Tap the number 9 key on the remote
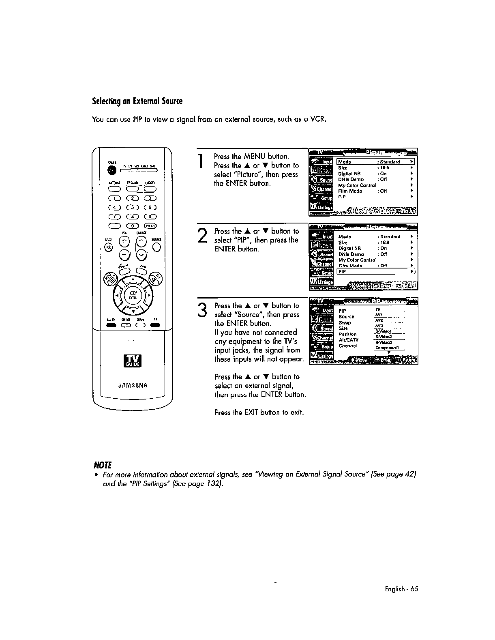pyautogui.click(x=150, y=216)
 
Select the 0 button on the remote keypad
pyautogui.click(x=133, y=226)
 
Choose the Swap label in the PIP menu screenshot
pyautogui.click(x=345, y=323)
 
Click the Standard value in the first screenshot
pyautogui.click(x=390, y=162)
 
